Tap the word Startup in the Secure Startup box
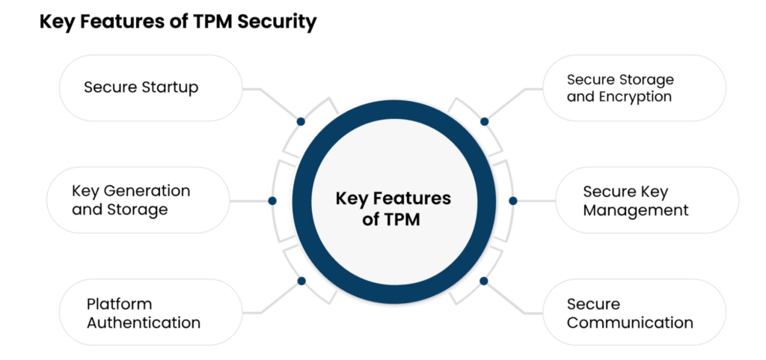[x=171, y=88]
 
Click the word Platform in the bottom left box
[x=119, y=304]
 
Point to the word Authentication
[x=144, y=323]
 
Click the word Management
[x=636, y=210]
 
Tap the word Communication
[x=630, y=323]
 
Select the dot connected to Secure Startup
[x=301, y=121]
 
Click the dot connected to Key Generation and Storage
[x=272, y=201]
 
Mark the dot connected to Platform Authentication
[x=301, y=281]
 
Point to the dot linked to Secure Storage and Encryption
[x=484, y=121]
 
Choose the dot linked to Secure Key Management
[x=513, y=201]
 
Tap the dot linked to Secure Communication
[x=484, y=281]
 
